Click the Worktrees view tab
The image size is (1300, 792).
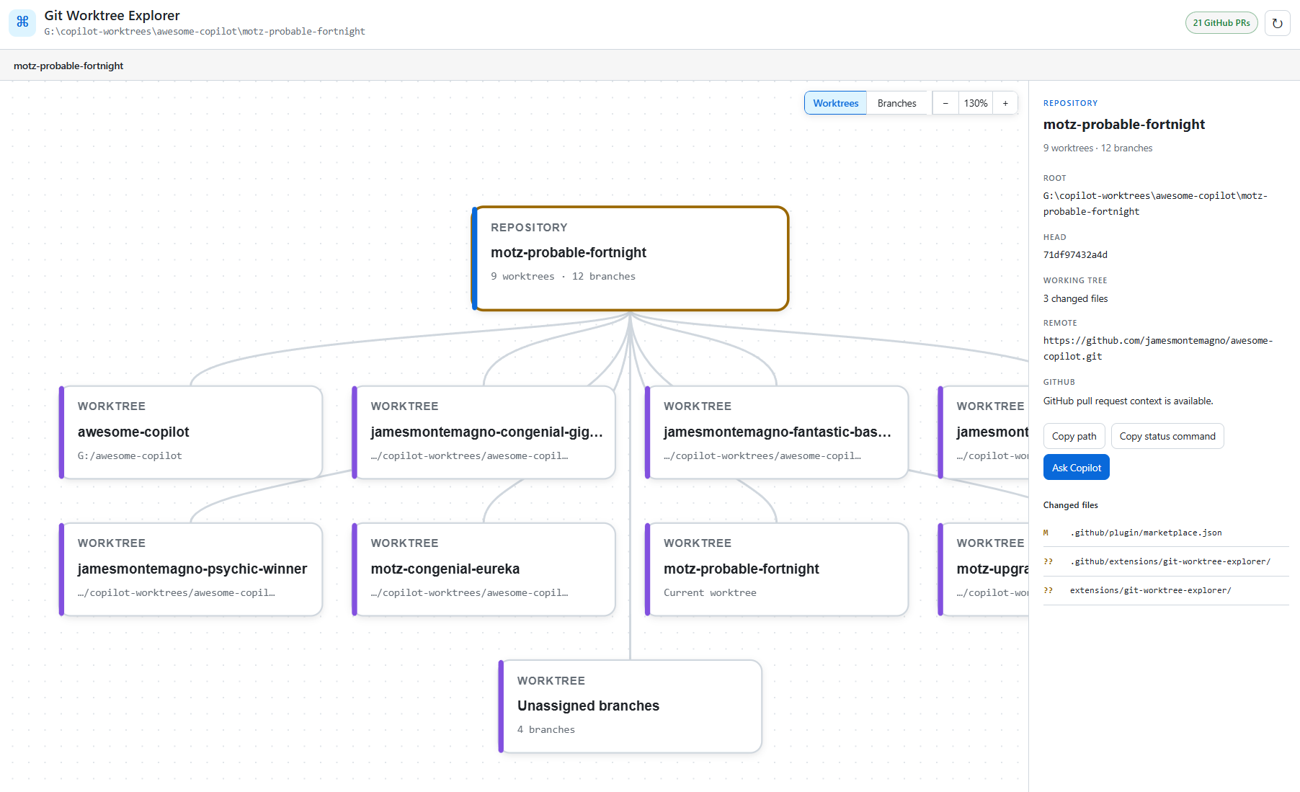pos(835,103)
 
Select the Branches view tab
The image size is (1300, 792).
pos(896,103)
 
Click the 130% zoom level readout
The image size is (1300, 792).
pos(976,103)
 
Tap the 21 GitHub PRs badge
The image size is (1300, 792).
pos(1221,23)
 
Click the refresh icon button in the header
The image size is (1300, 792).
pos(1278,23)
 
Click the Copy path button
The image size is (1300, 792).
pos(1074,436)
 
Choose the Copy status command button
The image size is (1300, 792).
pos(1167,436)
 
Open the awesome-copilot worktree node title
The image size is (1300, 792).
pos(133,432)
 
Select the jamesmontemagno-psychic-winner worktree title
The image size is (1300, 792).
pos(192,569)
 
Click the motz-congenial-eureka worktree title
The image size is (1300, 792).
pos(445,569)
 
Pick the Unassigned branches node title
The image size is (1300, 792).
pos(588,706)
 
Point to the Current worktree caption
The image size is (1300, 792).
pos(710,592)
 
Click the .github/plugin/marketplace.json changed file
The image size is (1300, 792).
pos(1146,533)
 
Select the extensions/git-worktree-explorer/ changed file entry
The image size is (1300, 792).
pos(1151,590)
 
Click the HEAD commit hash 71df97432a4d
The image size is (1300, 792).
pos(1075,254)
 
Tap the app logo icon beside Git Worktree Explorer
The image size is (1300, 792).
pos(22,22)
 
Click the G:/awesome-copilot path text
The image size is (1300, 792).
pos(130,455)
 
